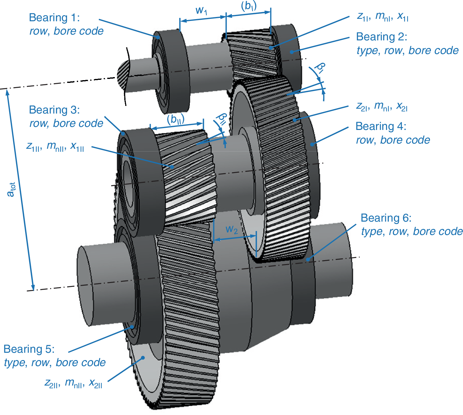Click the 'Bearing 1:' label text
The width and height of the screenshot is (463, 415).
click(54, 18)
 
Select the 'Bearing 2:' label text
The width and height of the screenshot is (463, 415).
click(381, 37)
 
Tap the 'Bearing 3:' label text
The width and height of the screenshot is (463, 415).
click(54, 110)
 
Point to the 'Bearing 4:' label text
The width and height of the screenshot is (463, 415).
click(381, 126)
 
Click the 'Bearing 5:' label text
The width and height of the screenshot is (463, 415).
click(29, 349)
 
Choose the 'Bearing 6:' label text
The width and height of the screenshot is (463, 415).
click(386, 218)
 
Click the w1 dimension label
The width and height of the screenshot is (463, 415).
click(201, 11)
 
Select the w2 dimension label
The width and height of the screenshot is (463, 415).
click(231, 230)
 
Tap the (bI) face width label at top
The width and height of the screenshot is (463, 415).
click(249, 6)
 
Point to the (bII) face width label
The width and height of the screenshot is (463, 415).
click(176, 119)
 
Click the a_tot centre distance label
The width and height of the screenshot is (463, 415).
click(11, 190)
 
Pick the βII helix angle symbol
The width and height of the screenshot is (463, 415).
click(221, 119)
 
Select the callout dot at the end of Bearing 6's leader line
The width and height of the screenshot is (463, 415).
click(308, 260)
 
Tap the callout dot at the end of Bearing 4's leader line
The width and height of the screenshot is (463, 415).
click(312, 144)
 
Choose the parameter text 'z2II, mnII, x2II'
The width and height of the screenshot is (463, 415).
click(73, 383)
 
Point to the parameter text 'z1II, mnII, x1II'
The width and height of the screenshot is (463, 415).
click(55, 146)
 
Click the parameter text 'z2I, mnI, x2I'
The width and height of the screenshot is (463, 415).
click(382, 106)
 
